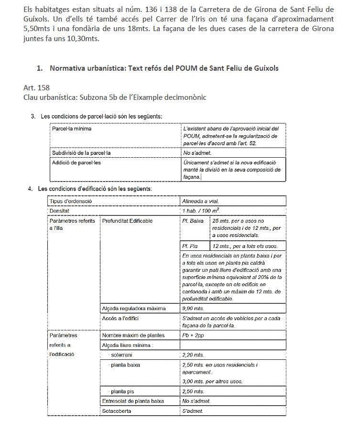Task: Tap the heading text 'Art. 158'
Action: point(36,88)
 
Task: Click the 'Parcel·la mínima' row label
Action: point(72,129)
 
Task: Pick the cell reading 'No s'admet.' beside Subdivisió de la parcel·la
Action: point(197,153)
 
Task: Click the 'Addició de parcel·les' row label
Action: point(76,162)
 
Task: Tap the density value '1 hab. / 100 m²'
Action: point(201,210)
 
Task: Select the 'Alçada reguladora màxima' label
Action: point(134,308)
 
